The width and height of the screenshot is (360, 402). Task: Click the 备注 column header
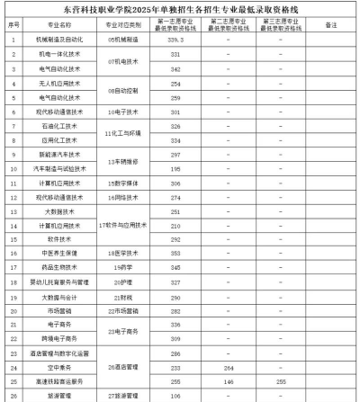coord(327,24)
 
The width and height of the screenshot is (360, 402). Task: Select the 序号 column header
coord(13,24)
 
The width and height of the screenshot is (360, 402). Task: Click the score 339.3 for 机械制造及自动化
coord(175,40)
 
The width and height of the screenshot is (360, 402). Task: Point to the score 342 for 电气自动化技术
coord(175,68)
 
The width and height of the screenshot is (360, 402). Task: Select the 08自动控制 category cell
coord(122,90)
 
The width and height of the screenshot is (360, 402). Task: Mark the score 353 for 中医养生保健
coord(175,253)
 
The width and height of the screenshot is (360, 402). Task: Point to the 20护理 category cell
coord(122,281)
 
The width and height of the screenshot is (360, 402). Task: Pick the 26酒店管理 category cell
coord(122,367)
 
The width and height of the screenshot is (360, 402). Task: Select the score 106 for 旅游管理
coord(175,395)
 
